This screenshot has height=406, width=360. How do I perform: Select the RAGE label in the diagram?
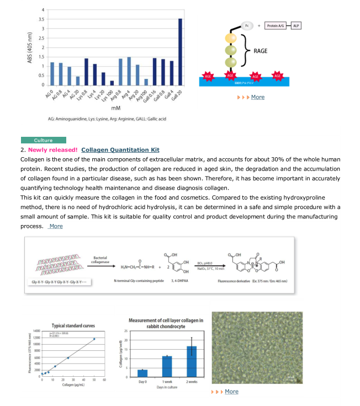click(x=260, y=51)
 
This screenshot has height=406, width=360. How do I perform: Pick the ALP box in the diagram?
click(x=297, y=26)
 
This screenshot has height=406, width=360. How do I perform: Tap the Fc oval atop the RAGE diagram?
click(x=247, y=26)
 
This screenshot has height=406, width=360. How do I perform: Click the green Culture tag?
click(x=43, y=140)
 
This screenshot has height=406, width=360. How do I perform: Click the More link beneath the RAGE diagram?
click(x=257, y=97)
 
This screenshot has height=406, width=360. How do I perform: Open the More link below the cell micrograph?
click(x=231, y=391)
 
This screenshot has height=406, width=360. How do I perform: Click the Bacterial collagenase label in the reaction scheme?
click(x=100, y=260)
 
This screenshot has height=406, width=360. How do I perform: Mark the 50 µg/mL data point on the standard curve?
click(x=94, y=339)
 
